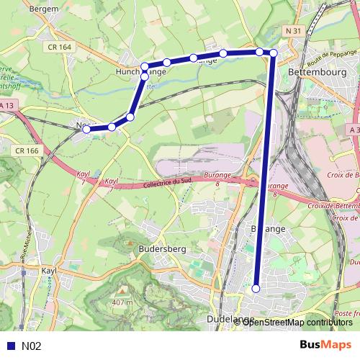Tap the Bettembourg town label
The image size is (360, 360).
tap(317, 73)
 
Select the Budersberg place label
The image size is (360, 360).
tap(161, 249)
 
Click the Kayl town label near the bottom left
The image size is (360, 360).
tap(50, 271)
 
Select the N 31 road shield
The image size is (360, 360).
tap(292, 30)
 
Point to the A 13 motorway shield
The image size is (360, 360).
tap(6, 107)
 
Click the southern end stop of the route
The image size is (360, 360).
tap(256, 288)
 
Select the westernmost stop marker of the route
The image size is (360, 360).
tap(86, 130)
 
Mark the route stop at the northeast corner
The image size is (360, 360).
tap(274, 53)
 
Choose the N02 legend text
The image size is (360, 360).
tap(31, 346)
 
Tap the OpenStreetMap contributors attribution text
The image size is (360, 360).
tap(297, 322)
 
